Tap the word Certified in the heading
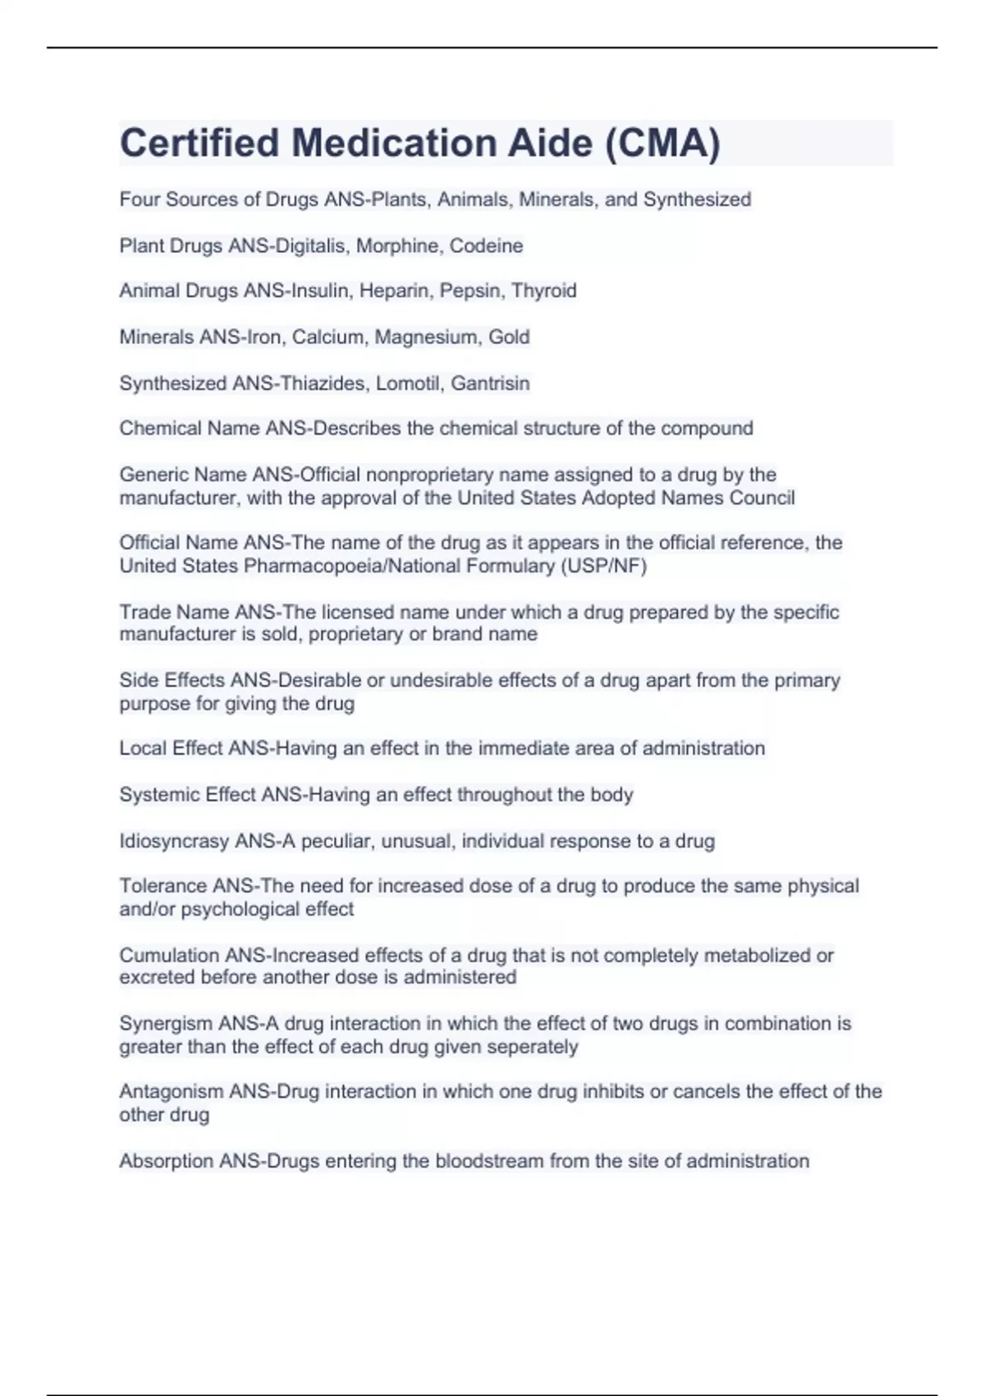click(x=199, y=144)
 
